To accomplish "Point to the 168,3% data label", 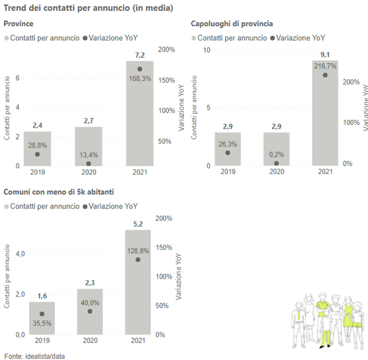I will click(x=140, y=78).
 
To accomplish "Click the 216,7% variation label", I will click(x=325, y=66).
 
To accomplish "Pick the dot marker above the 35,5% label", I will click(x=42, y=314).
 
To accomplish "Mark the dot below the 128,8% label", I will click(x=138, y=259).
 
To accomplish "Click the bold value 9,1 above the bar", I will click(x=325, y=54).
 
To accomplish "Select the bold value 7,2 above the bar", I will click(x=140, y=55).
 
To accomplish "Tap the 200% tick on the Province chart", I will click(x=167, y=50).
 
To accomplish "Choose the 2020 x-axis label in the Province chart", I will click(x=88, y=172).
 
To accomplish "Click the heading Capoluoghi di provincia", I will click(x=232, y=23).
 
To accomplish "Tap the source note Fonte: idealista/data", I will click(x=35, y=356).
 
